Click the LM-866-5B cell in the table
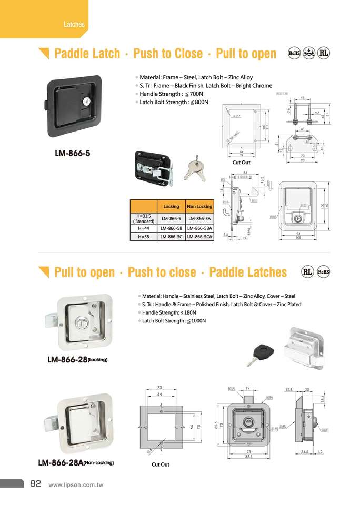(171, 228)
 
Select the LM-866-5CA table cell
(199, 237)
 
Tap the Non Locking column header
(199, 206)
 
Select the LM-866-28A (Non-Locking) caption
(76, 463)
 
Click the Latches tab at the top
(74, 24)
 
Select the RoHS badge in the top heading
(294, 54)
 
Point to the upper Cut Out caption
(241, 163)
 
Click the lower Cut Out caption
(161, 464)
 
